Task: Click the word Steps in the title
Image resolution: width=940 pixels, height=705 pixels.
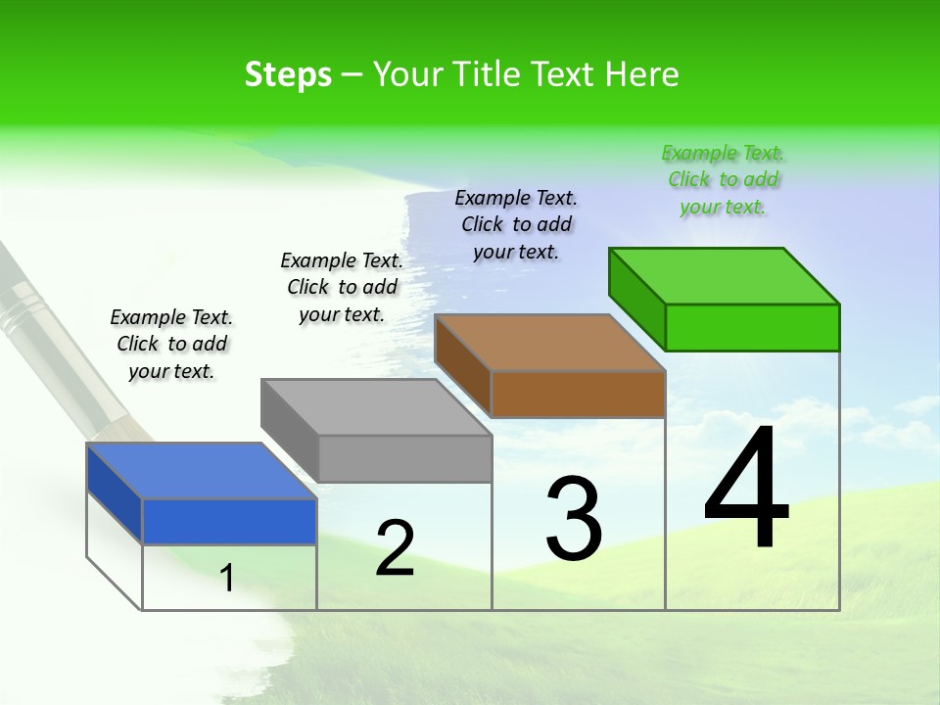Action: click(288, 74)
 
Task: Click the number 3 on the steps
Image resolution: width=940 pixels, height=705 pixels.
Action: click(573, 518)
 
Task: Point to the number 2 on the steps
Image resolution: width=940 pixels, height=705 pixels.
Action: click(395, 548)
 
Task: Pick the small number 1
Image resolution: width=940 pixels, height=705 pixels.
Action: click(227, 579)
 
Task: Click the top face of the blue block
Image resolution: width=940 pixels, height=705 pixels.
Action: click(201, 471)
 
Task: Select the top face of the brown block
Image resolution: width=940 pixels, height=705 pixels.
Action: click(549, 343)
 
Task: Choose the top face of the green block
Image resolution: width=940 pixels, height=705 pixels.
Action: click(724, 276)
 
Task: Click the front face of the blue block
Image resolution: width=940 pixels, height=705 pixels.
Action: click(229, 521)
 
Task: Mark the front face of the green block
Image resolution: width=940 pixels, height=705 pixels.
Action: click(752, 327)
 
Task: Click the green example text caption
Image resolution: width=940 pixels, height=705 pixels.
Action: click(723, 180)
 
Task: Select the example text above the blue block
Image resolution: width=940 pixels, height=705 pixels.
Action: click(171, 345)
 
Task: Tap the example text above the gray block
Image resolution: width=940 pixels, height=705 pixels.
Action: click(342, 287)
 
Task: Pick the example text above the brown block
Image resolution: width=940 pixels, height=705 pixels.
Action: click(516, 224)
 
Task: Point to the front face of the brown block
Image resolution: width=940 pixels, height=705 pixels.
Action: click(578, 394)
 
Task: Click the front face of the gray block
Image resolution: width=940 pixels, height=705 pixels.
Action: click(404, 458)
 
